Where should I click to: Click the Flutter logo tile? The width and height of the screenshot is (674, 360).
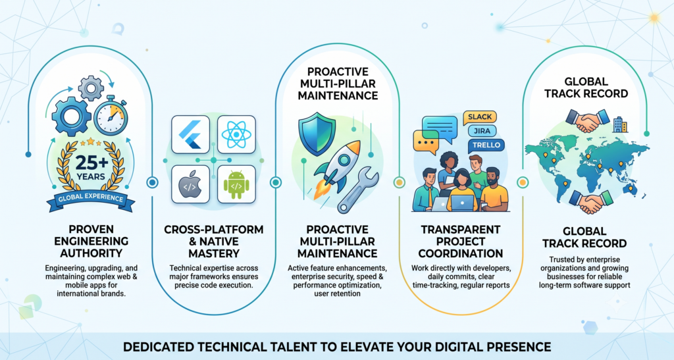point(190,134)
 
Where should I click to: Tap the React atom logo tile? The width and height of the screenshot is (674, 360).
point(236,134)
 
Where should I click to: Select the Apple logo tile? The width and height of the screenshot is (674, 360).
point(190,184)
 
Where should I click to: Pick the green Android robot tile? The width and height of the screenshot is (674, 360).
point(236,184)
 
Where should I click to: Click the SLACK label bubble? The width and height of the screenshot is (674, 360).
point(480,117)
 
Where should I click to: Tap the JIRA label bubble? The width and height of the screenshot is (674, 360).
point(482,131)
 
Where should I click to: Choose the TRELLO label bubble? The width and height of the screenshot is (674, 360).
point(486,145)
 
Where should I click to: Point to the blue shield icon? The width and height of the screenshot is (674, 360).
point(317,134)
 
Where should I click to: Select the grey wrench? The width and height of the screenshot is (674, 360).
point(358,190)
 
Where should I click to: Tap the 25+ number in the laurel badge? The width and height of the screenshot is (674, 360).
point(91,163)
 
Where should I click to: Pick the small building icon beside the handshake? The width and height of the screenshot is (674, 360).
point(620,124)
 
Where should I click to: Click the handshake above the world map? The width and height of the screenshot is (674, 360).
point(588,120)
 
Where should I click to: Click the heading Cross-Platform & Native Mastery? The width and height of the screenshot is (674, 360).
point(214,242)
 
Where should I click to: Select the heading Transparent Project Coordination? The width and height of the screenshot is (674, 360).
point(460,242)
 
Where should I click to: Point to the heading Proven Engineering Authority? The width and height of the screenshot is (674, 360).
point(91,241)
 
